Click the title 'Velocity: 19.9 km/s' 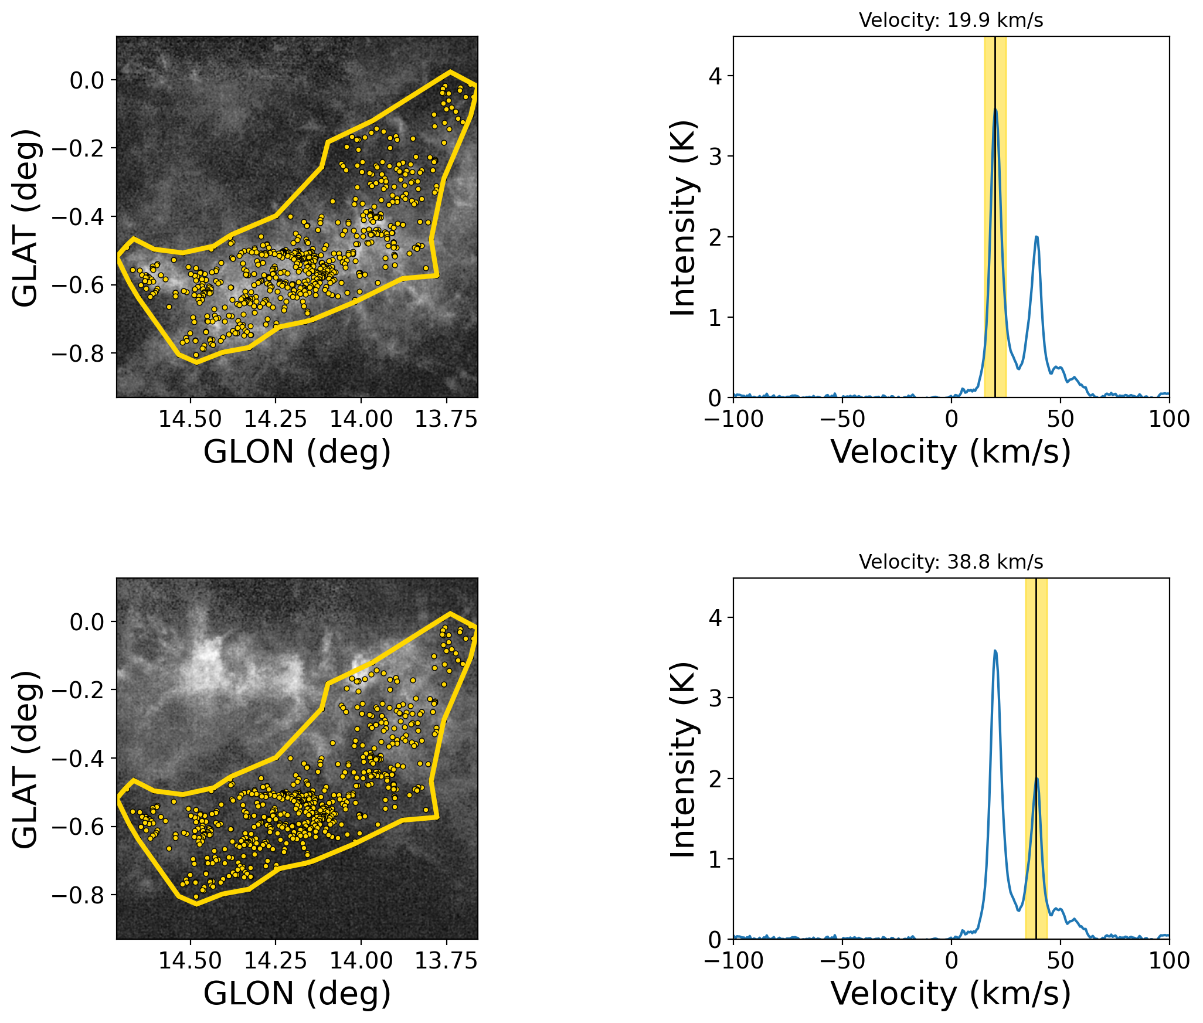[x=950, y=21]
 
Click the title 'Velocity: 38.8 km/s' [x=950, y=562]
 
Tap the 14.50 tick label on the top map [x=190, y=419]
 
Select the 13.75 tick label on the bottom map [x=446, y=961]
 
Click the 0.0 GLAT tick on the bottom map [x=87, y=622]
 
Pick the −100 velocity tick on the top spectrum [x=733, y=419]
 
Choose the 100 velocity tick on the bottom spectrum [x=1169, y=961]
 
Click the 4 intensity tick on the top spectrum [x=714, y=76]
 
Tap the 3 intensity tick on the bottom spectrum [x=714, y=698]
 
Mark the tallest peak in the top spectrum [x=995, y=110]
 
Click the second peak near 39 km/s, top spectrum [x=1037, y=237]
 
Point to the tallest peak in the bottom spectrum [x=995, y=651]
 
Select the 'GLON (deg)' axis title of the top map [x=297, y=452]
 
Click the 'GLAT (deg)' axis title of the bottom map [x=26, y=759]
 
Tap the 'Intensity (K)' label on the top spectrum [x=684, y=218]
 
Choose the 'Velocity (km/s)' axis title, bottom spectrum [x=950, y=994]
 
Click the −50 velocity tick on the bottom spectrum [x=842, y=961]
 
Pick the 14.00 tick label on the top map [x=361, y=419]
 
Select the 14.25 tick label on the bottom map [x=275, y=961]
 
